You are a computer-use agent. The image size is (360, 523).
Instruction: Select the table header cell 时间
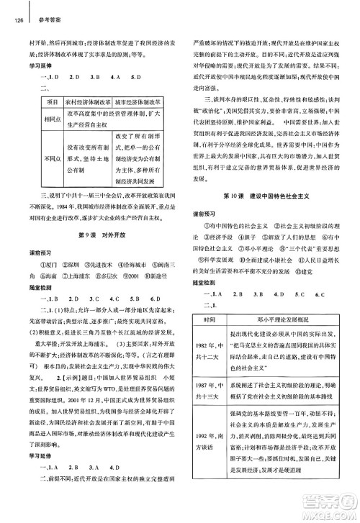210,319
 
